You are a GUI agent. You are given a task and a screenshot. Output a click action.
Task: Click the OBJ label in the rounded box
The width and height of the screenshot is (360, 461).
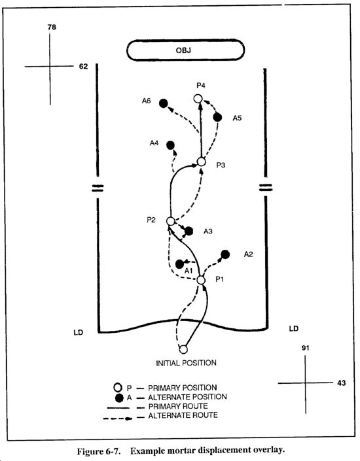tap(183, 50)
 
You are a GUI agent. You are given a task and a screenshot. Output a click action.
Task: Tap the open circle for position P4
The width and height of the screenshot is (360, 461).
tap(198, 99)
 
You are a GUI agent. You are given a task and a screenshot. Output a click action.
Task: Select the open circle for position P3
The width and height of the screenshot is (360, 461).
tap(202, 162)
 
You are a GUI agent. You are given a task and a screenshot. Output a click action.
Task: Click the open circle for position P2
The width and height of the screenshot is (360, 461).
tap(171, 221)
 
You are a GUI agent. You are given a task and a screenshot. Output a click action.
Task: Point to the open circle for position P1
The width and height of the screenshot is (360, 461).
tap(201, 280)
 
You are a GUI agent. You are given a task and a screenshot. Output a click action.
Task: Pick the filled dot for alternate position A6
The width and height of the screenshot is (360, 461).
tap(164, 103)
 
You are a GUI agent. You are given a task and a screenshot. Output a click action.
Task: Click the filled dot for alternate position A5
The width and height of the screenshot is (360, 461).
tap(217, 117)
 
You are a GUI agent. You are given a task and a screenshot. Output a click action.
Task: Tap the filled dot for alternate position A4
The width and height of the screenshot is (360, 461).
tap(170, 145)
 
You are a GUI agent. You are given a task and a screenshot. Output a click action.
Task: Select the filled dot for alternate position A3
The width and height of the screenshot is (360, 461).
tap(189, 231)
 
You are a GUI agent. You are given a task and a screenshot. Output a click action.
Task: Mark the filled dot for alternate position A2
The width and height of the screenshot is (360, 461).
tap(225, 254)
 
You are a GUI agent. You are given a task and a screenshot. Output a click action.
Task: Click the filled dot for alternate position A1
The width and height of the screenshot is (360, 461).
tap(179, 264)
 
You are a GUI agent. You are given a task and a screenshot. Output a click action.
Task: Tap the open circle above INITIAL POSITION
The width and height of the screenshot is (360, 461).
tap(183, 349)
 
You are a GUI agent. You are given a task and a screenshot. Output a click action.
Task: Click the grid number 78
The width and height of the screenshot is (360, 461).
tap(52, 27)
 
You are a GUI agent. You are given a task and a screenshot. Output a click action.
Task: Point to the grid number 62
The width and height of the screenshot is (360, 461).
tap(83, 67)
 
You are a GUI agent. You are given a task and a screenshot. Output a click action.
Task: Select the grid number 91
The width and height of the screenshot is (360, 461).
tap(306, 348)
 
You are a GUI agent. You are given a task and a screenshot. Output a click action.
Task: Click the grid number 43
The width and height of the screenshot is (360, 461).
tap(342, 383)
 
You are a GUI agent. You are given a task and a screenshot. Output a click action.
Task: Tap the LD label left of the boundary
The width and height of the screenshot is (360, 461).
tap(79, 333)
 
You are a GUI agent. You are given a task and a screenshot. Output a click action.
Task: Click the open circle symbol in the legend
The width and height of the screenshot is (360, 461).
tap(118, 387)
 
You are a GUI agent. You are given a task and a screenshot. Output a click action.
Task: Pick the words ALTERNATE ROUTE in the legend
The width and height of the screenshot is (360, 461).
tap(183, 415)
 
